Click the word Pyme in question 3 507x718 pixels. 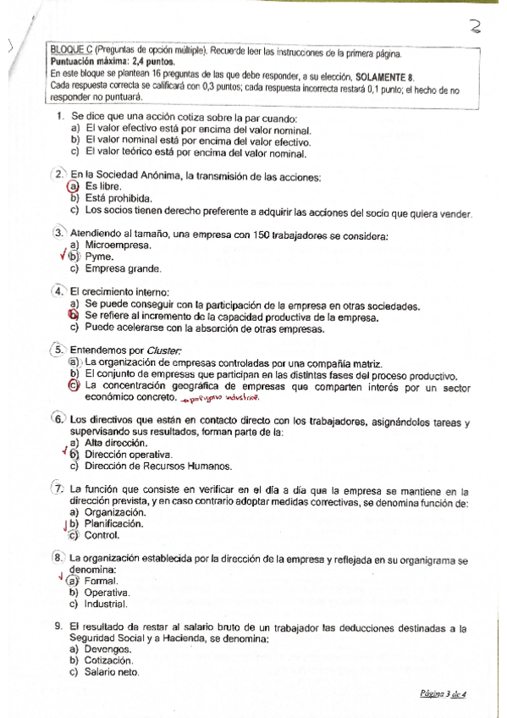pyautogui.click(x=100, y=257)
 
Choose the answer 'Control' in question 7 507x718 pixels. pyautogui.click(x=102, y=535)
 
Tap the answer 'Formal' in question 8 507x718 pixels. pyautogui.click(x=101, y=582)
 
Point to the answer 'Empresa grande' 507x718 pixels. pyautogui.click(x=124, y=268)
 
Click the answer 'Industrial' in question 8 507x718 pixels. pyautogui.click(x=106, y=605)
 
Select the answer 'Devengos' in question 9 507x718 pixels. pyautogui.click(x=107, y=649)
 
